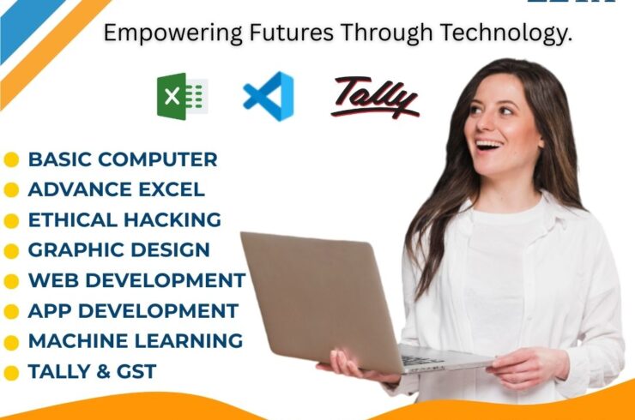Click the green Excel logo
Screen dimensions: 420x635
tap(182, 94)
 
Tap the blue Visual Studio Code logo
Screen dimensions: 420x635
tap(269, 95)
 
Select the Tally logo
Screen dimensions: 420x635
tap(375, 97)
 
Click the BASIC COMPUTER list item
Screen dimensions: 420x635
tap(123, 159)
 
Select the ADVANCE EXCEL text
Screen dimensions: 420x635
tap(117, 189)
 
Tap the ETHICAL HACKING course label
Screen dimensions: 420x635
tap(124, 219)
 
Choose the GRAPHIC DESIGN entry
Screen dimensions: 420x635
tap(118, 250)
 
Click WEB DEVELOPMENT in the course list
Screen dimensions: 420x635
tap(136, 280)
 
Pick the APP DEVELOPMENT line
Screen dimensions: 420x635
tap(133, 310)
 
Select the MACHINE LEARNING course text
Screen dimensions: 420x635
tap(136, 341)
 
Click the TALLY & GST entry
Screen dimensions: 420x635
tap(93, 372)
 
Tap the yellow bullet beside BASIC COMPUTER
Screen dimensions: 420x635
tap(11, 159)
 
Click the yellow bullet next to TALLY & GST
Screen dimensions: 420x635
tap(11, 373)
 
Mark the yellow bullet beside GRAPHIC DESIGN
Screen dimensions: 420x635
tap(11, 251)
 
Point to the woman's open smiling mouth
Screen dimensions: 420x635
tap(487, 144)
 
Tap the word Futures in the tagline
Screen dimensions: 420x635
tap(282, 34)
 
